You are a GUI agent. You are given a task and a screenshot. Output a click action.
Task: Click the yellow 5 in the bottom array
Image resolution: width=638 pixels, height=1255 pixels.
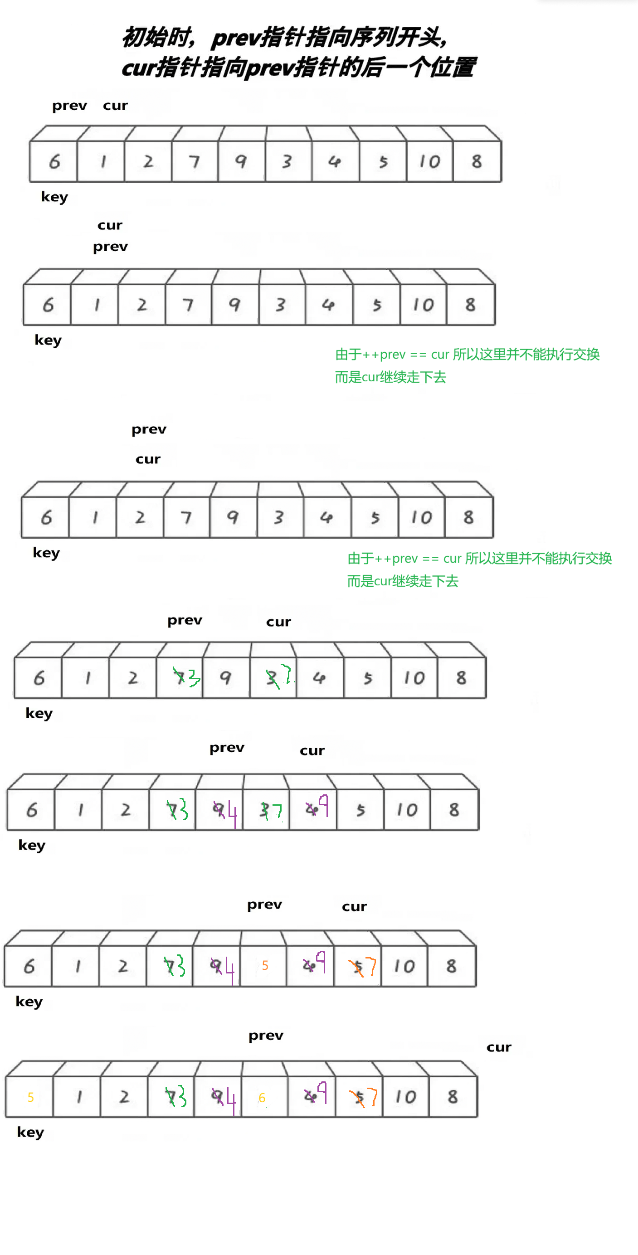click(x=31, y=1097)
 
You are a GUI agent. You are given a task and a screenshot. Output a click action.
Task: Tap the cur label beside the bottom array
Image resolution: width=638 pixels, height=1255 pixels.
click(x=499, y=1047)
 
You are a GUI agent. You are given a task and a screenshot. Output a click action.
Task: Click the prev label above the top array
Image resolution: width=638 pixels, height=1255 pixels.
click(x=70, y=106)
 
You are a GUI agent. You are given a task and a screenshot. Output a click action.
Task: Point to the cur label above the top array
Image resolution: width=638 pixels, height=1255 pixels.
click(x=115, y=106)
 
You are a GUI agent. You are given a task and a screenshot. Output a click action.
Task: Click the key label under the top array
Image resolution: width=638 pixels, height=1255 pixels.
click(x=54, y=197)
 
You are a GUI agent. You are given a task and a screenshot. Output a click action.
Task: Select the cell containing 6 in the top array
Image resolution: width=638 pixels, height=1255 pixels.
click(x=54, y=161)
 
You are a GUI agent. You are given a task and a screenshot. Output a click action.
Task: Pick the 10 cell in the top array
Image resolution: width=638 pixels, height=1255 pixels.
click(x=429, y=161)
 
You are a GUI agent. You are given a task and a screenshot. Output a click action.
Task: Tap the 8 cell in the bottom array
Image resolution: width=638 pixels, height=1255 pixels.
click(x=452, y=1097)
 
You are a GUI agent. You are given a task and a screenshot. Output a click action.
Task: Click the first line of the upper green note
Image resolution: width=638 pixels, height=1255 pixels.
click(x=467, y=354)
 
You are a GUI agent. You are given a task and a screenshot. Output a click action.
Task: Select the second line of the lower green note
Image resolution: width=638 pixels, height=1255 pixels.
click(x=403, y=581)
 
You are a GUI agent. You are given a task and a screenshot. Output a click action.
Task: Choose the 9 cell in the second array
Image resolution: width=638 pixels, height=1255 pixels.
click(x=234, y=305)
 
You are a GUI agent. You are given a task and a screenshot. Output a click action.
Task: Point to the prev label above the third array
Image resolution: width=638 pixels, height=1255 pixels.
click(x=149, y=430)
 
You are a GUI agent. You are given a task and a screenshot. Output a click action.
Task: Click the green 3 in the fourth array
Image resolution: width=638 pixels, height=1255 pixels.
click(x=194, y=677)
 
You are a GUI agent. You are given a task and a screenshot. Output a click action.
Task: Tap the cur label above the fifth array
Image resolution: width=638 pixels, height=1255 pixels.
click(x=312, y=751)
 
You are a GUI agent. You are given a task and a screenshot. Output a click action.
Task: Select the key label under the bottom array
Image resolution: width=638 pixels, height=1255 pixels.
click(x=30, y=1132)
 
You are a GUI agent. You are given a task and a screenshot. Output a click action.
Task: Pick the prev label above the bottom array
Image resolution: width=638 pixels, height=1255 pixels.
click(x=266, y=1036)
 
